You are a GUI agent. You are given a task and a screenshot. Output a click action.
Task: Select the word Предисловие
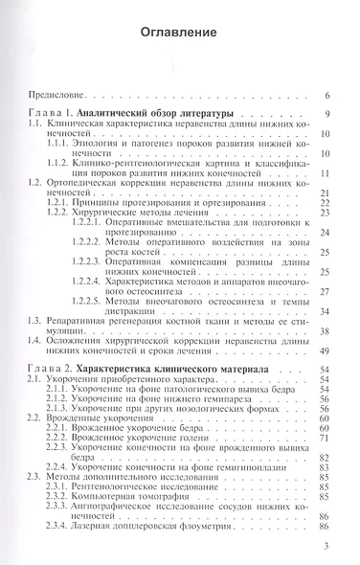[56, 97]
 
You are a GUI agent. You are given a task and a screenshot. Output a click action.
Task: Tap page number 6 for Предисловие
[327, 97]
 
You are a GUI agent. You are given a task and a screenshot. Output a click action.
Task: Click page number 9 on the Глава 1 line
[327, 115]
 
